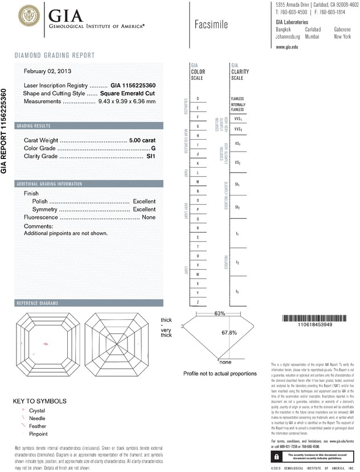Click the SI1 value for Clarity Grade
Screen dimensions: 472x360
(151, 156)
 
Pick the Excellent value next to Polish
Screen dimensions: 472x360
(144, 202)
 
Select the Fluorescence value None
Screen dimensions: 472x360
(149, 217)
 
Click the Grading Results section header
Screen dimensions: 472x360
(35, 125)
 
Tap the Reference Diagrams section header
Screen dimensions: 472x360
(39, 302)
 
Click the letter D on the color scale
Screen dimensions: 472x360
(198, 99)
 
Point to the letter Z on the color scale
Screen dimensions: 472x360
(198, 302)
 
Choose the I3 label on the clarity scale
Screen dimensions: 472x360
(238, 291)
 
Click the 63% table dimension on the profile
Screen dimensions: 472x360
(220, 314)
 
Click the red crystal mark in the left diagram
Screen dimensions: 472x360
(46, 343)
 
